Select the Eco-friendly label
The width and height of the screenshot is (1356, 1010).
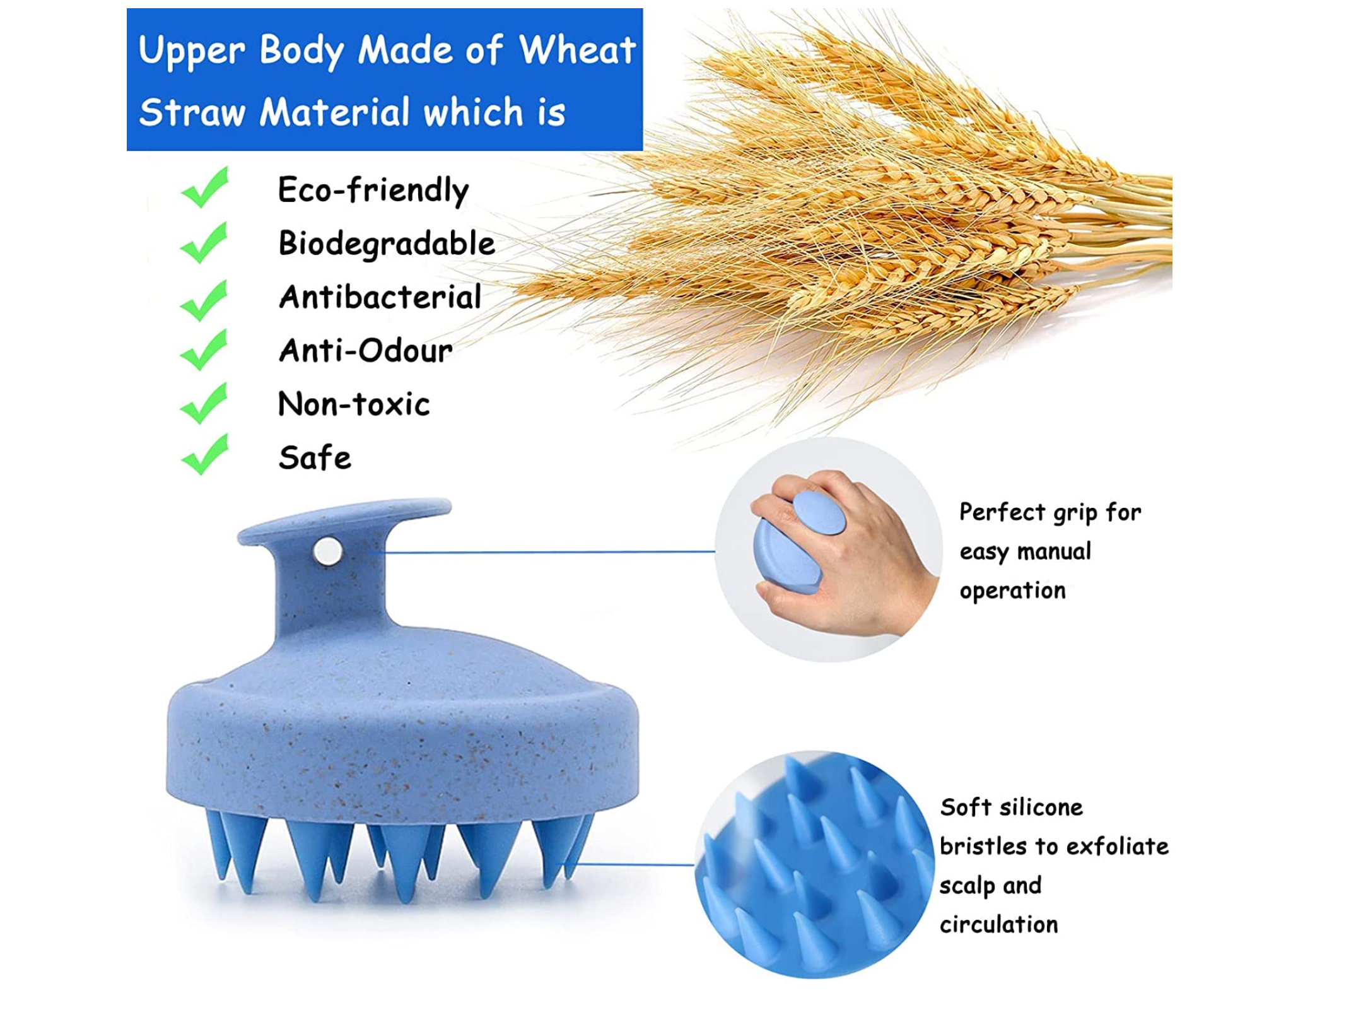[373, 190]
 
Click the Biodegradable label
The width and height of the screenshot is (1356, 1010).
[387, 244]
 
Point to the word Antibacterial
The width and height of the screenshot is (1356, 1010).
[380, 297]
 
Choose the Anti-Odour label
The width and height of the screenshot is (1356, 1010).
[366, 351]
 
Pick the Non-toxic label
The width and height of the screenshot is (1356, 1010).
[354, 404]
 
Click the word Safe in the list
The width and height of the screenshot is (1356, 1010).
[315, 457]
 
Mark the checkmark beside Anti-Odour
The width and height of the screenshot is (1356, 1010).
[204, 349]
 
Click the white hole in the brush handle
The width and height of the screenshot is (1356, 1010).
[327, 551]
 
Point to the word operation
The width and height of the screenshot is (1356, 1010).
[1012, 591]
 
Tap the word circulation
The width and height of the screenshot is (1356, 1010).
[999, 925]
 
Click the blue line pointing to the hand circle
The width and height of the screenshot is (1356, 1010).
[549, 552]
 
